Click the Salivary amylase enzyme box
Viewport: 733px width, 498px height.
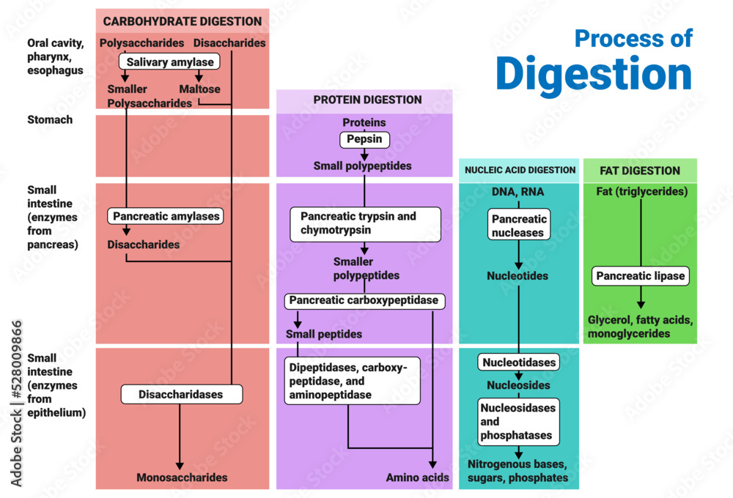(170, 62)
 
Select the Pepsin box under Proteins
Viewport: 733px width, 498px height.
(364, 139)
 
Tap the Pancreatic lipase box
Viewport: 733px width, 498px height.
(641, 276)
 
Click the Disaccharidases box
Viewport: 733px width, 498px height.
(181, 394)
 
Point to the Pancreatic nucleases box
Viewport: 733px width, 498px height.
(519, 226)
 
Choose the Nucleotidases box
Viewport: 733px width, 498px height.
(519, 362)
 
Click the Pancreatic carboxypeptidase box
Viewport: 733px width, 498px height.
(364, 300)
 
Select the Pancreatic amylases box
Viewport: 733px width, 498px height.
(165, 216)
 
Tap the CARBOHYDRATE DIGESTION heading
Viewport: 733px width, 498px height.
(183, 21)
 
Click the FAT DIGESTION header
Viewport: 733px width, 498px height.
(640, 171)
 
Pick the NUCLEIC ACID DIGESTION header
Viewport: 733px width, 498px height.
(518, 171)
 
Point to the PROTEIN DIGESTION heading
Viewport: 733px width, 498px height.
(367, 100)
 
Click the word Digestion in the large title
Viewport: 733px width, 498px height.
(594, 73)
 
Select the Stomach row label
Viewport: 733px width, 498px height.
(50, 119)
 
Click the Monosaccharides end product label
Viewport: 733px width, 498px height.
(182, 477)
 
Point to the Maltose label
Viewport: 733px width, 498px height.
(199, 89)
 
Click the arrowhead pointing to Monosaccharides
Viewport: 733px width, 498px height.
(180, 465)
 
